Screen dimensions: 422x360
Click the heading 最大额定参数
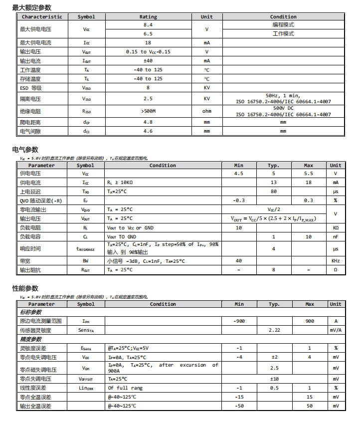[x=31, y=7]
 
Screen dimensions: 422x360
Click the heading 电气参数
[x=25, y=150]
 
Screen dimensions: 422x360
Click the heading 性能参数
[x=25, y=289]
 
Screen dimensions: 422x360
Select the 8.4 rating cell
[x=148, y=24]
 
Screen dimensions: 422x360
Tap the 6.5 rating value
[x=148, y=34]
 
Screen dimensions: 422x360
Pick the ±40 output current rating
[x=148, y=61]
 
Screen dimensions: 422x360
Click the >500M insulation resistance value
[x=148, y=111]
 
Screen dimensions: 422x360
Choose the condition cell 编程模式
[x=283, y=24]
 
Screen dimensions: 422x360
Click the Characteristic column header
[x=42, y=16]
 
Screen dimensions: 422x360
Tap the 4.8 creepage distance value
[x=148, y=122]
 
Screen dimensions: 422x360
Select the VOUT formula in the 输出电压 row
[x=274, y=218]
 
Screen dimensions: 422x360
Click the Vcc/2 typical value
[x=274, y=210]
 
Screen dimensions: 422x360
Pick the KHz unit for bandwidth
[x=336, y=261]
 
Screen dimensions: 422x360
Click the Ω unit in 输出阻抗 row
[x=336, y=270]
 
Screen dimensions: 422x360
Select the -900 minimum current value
[x=239, y=321]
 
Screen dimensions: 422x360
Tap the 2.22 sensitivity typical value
[x=274, y=330]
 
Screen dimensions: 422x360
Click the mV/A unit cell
[x=336, y=330]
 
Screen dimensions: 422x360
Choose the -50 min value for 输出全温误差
[x=239, y=406]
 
